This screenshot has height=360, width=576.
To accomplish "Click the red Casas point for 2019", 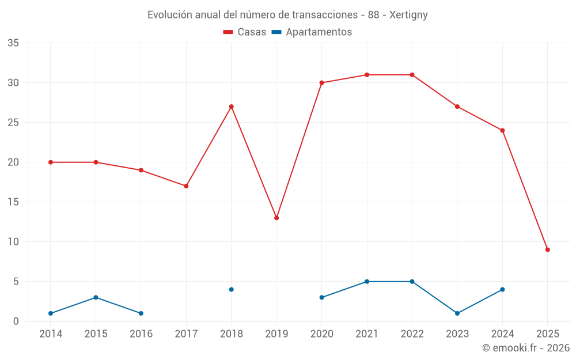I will (x=276, y=218).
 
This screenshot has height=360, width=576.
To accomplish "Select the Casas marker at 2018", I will (x=231, y=107).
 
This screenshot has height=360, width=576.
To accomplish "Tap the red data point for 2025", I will (x=547, y=249).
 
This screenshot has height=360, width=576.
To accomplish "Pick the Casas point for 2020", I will (x=321, y=83).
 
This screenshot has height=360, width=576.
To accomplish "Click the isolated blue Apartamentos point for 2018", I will (x=231, y=289).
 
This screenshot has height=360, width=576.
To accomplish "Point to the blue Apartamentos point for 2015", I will (x=96, y=297).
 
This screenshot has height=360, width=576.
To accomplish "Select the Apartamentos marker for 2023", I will (x=457, y=313).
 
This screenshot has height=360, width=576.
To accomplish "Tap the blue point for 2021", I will (x=367, y=282).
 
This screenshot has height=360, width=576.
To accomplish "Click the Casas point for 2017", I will (x=186, y=186).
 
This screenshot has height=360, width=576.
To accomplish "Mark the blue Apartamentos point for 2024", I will (x=502, y=289).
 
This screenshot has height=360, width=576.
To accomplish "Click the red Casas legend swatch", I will (x=228, y=32).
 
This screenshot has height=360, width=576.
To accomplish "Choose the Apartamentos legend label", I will (x=319, y=32).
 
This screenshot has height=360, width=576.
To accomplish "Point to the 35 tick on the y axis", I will (x=13, y=43).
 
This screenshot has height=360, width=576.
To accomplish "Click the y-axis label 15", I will (x=13, y=202).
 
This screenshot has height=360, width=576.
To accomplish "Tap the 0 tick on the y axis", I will (x=16, y=321).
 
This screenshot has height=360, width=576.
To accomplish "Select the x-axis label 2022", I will (x=412, y=334).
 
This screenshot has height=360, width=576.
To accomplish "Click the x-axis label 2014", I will (x=51, y=334).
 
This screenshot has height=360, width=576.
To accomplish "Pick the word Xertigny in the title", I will (x=408, y=15).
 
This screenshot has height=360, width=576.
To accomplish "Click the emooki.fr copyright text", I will (x=526, y=348).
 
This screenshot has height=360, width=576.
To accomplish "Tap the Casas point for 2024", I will (x=502, y=130).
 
